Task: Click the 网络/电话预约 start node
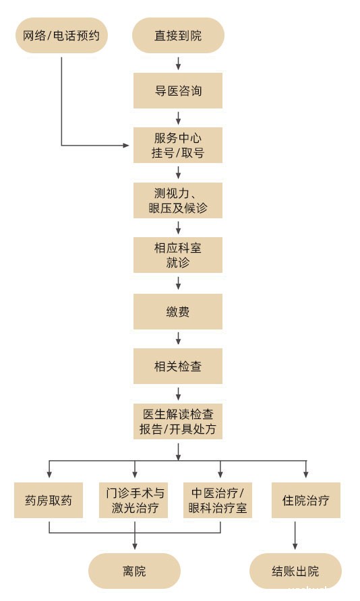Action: point(61,35)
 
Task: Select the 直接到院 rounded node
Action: point(178,35)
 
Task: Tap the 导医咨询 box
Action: point(178,91)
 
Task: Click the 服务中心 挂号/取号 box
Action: point(178,146)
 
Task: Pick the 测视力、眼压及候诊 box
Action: point(178,201)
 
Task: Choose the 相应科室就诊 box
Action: point(178,255)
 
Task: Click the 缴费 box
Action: point(178,311)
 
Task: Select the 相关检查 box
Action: point(178,367)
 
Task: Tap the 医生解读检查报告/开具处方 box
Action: point(178,422)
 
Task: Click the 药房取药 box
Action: point(49,500)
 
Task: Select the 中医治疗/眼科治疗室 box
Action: point(218,500)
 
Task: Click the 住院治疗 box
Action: point(306,500)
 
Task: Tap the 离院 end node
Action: point(135,571)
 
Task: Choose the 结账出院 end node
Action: point(295,571)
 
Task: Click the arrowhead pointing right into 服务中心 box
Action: point(126,146)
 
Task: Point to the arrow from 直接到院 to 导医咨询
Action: point(178,63)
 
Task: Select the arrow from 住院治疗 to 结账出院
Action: point(295,536)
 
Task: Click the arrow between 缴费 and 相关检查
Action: point(178,338)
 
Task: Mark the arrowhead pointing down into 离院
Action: point(135,546)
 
